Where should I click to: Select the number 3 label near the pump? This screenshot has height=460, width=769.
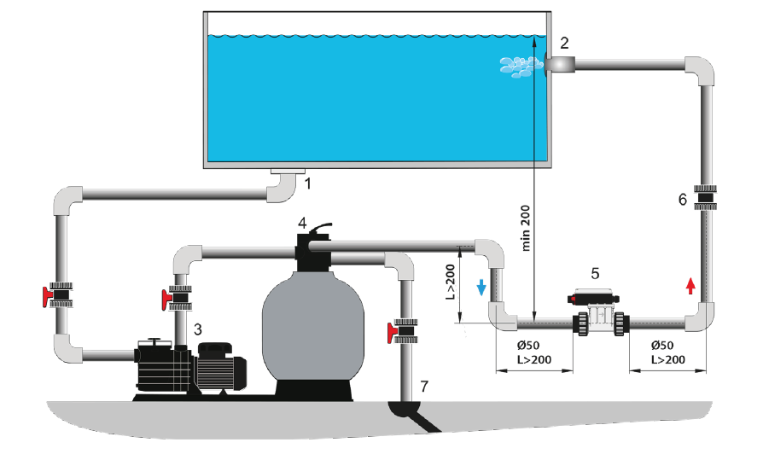pos(197,329)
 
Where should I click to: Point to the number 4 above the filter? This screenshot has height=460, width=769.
pos(302,223)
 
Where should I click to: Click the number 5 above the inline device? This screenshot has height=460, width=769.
pos(595,274)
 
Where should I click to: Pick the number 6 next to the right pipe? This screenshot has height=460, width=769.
pos(682,200)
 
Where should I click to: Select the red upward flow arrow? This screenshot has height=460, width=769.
pos(690,285)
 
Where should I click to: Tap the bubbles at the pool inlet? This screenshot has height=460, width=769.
pos(517,66)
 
